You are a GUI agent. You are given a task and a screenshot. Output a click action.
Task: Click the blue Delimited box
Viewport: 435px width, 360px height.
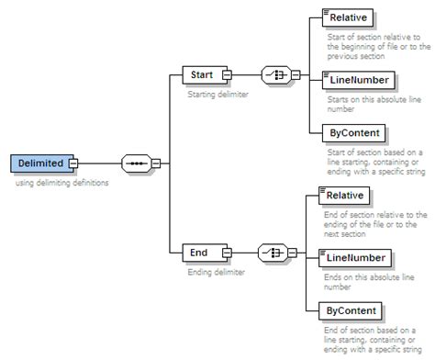[40, 163]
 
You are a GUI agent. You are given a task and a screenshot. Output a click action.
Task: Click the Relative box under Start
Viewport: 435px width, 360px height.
[348, 17]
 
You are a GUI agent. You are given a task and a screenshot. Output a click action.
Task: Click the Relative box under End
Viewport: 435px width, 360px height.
[345, 195]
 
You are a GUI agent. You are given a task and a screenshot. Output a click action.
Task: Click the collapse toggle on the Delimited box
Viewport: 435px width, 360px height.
[73, 164]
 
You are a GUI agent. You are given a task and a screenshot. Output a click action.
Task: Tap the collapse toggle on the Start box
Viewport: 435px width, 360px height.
[227, 75]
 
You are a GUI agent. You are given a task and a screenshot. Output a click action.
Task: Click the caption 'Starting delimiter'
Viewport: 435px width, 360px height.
[217, 94]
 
